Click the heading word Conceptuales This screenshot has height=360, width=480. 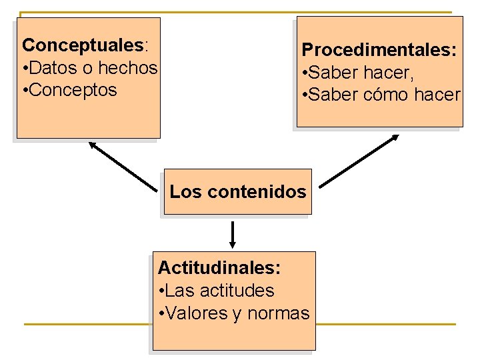point(83,45)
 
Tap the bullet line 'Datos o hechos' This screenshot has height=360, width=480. point(90,68)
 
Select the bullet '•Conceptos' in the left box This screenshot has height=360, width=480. point(69,90)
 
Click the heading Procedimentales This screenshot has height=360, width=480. point(379,50)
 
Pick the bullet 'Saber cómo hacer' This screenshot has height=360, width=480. point(381,95)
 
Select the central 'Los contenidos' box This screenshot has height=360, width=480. point(237,192)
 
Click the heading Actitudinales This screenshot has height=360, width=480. point(219,268)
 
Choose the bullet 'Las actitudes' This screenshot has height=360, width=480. point(217,291)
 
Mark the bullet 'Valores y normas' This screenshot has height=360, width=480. point(234,313)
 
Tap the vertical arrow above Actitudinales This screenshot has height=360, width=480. point(233,233)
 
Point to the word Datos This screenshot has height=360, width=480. point(51,68)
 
